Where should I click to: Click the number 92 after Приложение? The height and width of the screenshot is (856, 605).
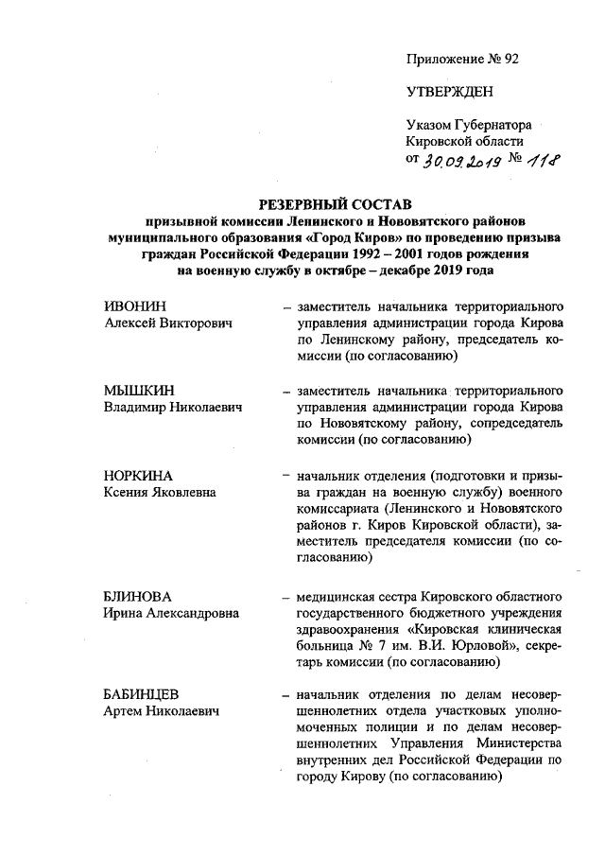[x=510, y=59]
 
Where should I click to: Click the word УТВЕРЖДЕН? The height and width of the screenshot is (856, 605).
[x=449, y=92]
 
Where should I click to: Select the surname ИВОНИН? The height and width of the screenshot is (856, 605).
[x=133, y=307]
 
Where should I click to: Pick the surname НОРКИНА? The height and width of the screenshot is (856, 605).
[x=138, y=475]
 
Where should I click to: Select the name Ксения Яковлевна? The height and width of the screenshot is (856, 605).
[x=159, y=492]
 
